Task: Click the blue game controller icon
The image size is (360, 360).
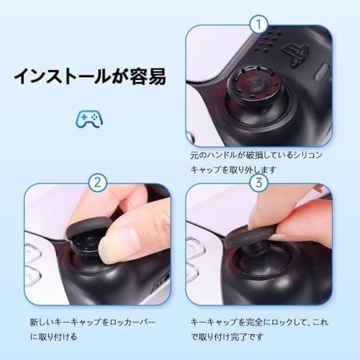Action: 89,119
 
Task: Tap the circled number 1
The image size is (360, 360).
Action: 258,24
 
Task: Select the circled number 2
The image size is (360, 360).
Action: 97,183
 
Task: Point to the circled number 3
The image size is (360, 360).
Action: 258,183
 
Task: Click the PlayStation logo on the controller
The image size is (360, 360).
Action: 296,54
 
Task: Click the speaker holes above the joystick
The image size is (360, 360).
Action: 266,41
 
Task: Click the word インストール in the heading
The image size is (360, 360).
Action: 62,76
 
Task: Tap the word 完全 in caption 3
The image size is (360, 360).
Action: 254,322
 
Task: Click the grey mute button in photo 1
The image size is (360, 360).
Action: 321,71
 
